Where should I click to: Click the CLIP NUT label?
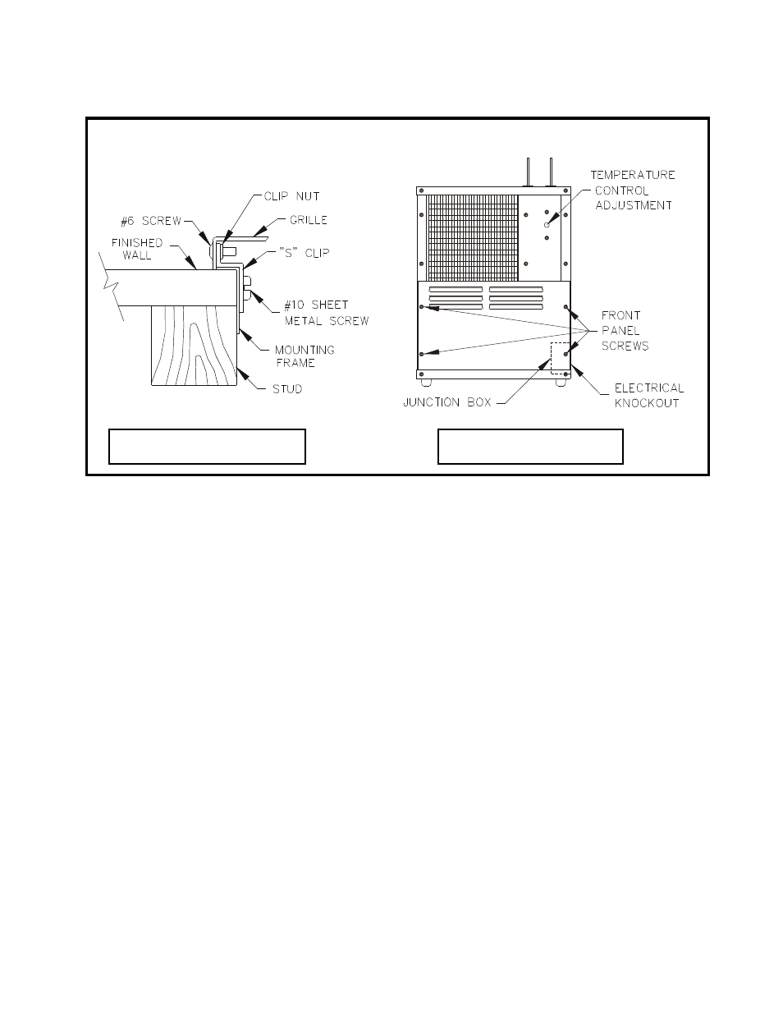click(291, 196)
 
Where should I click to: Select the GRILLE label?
click(308, 220)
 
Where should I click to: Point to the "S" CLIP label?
click(304, 252)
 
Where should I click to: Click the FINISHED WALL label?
click(137, 249)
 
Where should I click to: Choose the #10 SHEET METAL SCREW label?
click(326, 313)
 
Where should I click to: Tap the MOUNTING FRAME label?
click(304, 356)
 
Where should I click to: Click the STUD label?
click(287, 388)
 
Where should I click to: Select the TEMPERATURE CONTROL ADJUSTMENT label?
click(633, 190)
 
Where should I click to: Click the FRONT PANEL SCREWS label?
click(625, 330)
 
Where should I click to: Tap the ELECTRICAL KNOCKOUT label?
click(648, 395)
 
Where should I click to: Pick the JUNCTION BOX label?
click(447, 403)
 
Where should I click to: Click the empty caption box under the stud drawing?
click(207, 446)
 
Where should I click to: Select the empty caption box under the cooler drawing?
click(530, 446)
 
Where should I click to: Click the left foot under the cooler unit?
click(425, 382)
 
